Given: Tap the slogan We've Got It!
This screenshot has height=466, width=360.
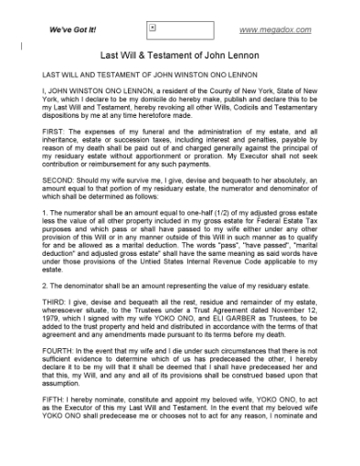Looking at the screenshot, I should point(74,29).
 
